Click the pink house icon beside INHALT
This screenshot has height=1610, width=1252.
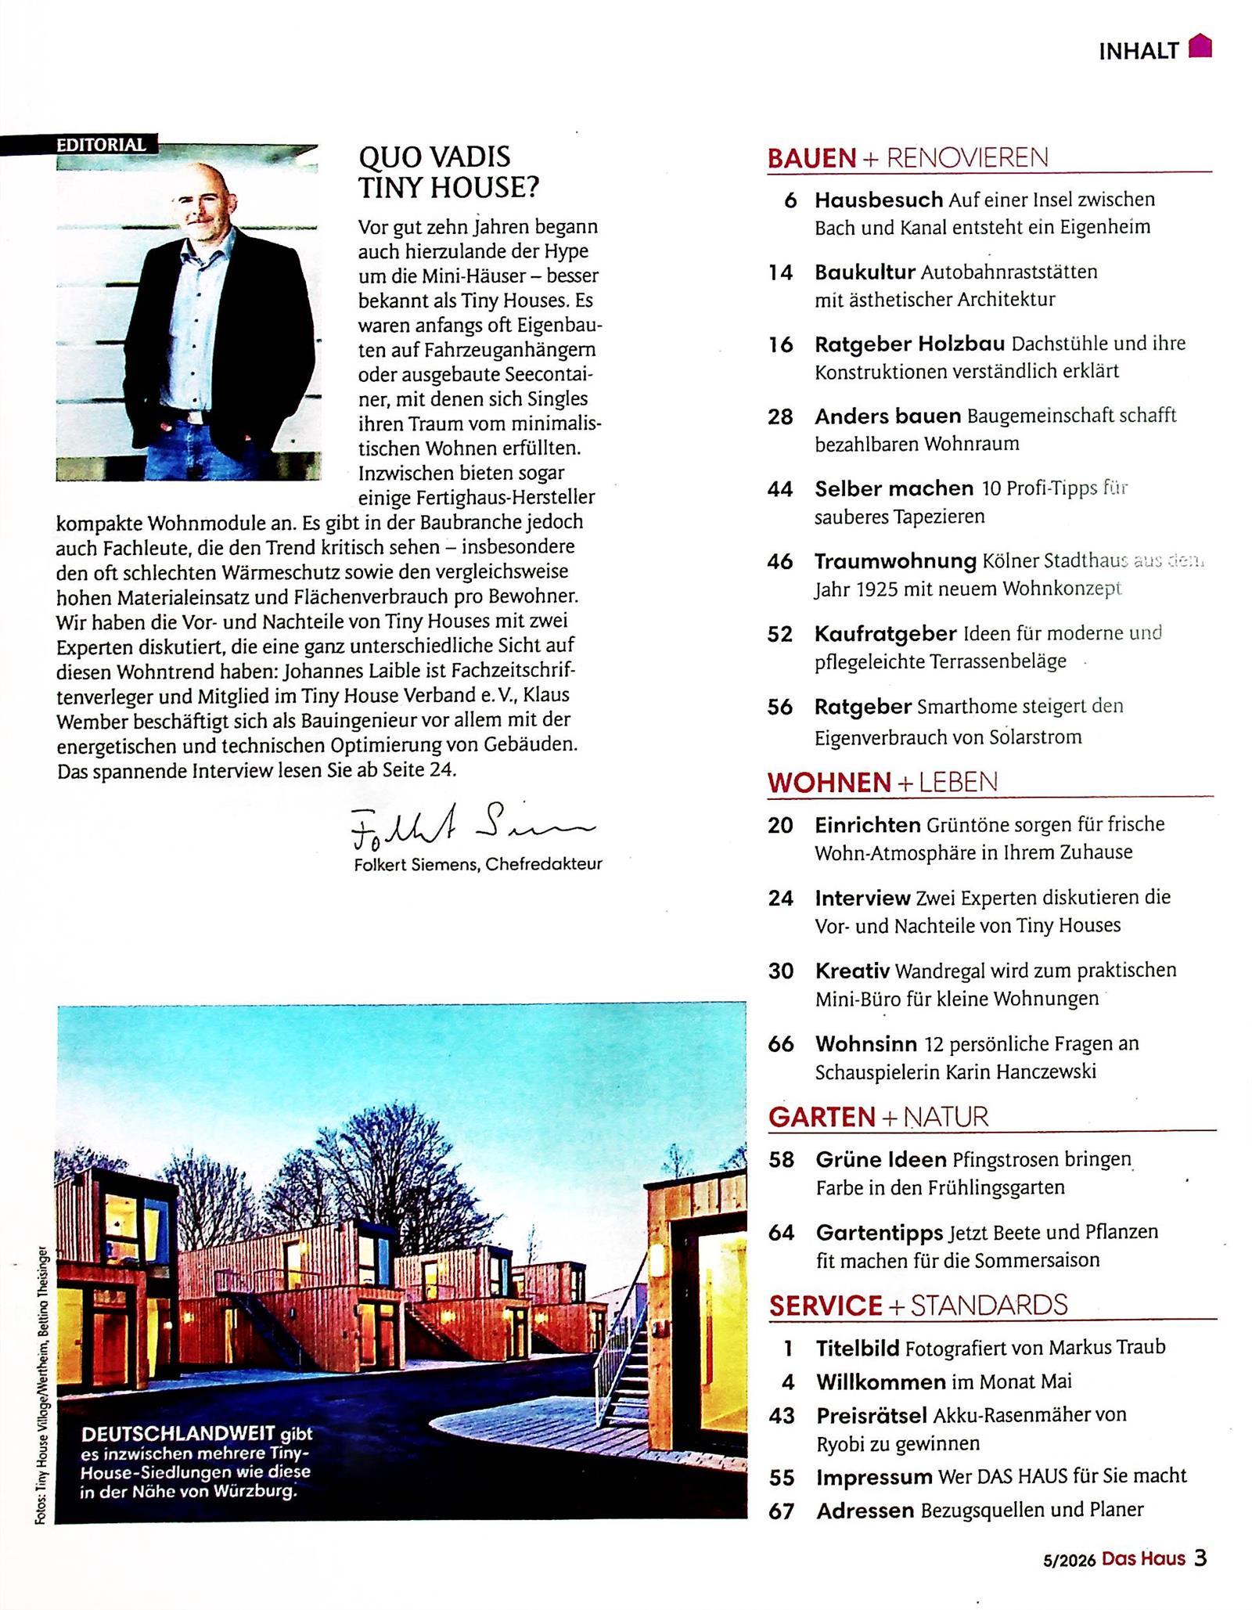[x=1200, y=48]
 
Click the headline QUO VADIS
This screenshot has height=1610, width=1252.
[x=434, y=157]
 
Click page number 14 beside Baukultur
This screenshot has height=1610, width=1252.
[x=780, y=272]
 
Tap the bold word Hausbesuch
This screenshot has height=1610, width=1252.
[x=878, y=200]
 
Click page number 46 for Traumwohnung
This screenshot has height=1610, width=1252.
[x=780, y=561]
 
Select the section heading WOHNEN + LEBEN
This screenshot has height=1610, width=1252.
[x=883, y=782]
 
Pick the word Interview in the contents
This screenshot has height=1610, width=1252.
[x=862, y=898]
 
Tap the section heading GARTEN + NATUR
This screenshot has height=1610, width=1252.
[x=878, y=1117]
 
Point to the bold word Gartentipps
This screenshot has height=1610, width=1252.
[x=879, y=1233]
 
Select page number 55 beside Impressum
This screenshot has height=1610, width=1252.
[x=782, y=1477]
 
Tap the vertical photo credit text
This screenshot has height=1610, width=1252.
[x=41, y=1385]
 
